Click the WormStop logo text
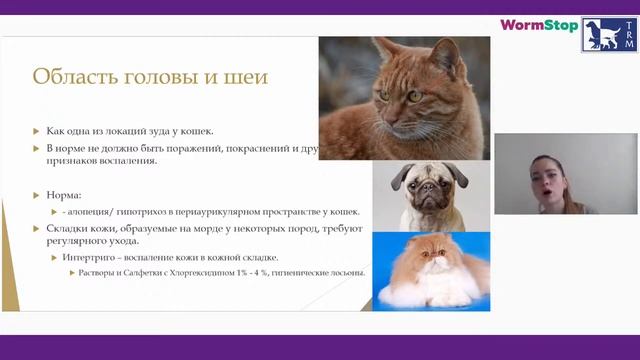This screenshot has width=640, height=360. [538, 25]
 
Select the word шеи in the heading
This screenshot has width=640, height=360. [245, 76]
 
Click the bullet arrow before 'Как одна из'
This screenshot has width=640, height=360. [37, 131]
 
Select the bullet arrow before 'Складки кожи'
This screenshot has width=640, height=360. [37, 229]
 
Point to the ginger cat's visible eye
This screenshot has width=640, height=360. [413, 96]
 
